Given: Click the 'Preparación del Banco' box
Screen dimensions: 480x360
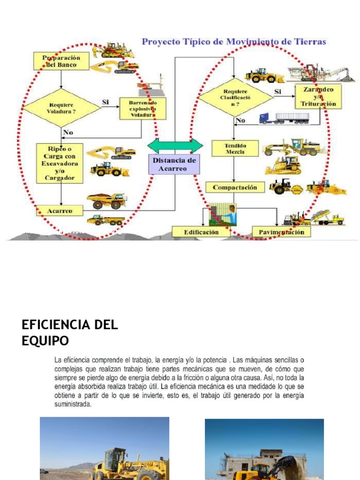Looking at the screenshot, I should point(61,61).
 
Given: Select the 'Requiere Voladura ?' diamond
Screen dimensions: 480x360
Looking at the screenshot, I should point(61,108).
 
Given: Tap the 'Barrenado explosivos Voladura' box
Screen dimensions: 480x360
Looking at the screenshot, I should point(142,108).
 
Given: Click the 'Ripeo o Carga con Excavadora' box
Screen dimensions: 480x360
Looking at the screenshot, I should point(60,163).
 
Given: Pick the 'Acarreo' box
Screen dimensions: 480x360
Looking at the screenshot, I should point(60,211).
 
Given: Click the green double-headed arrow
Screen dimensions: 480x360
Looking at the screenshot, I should point(175,145).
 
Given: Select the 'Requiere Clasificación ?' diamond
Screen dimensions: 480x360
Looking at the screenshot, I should point(235,97).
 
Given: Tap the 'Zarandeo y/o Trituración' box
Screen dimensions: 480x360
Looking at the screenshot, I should point(318,96).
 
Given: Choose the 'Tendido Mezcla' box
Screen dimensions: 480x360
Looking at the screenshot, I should point(235,149).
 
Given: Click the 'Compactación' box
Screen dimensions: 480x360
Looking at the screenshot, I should point(235,187).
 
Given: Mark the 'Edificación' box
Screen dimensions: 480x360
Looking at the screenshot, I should point(201,232).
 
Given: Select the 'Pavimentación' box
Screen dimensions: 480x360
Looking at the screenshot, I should point(281,232).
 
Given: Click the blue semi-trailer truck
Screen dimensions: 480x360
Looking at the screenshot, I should point(285,118).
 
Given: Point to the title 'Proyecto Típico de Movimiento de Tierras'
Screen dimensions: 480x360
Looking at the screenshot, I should point(234,42).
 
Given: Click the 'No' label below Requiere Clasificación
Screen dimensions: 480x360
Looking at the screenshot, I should point(240,121).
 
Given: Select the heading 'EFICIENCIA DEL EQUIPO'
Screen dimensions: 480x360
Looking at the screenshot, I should point(70,332).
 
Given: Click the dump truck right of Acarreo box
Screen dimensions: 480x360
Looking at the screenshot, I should point(106,200).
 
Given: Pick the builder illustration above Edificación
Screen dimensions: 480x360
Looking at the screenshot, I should point(223,215).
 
